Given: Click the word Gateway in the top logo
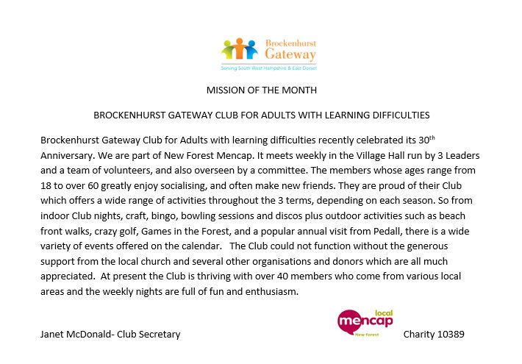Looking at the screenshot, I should (290, 54).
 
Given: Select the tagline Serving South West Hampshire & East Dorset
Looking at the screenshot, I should (268, 68).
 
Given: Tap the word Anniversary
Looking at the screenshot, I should (67, 154).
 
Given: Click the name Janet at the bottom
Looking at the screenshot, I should (53, 335).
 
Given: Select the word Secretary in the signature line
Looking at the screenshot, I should (159, 335).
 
